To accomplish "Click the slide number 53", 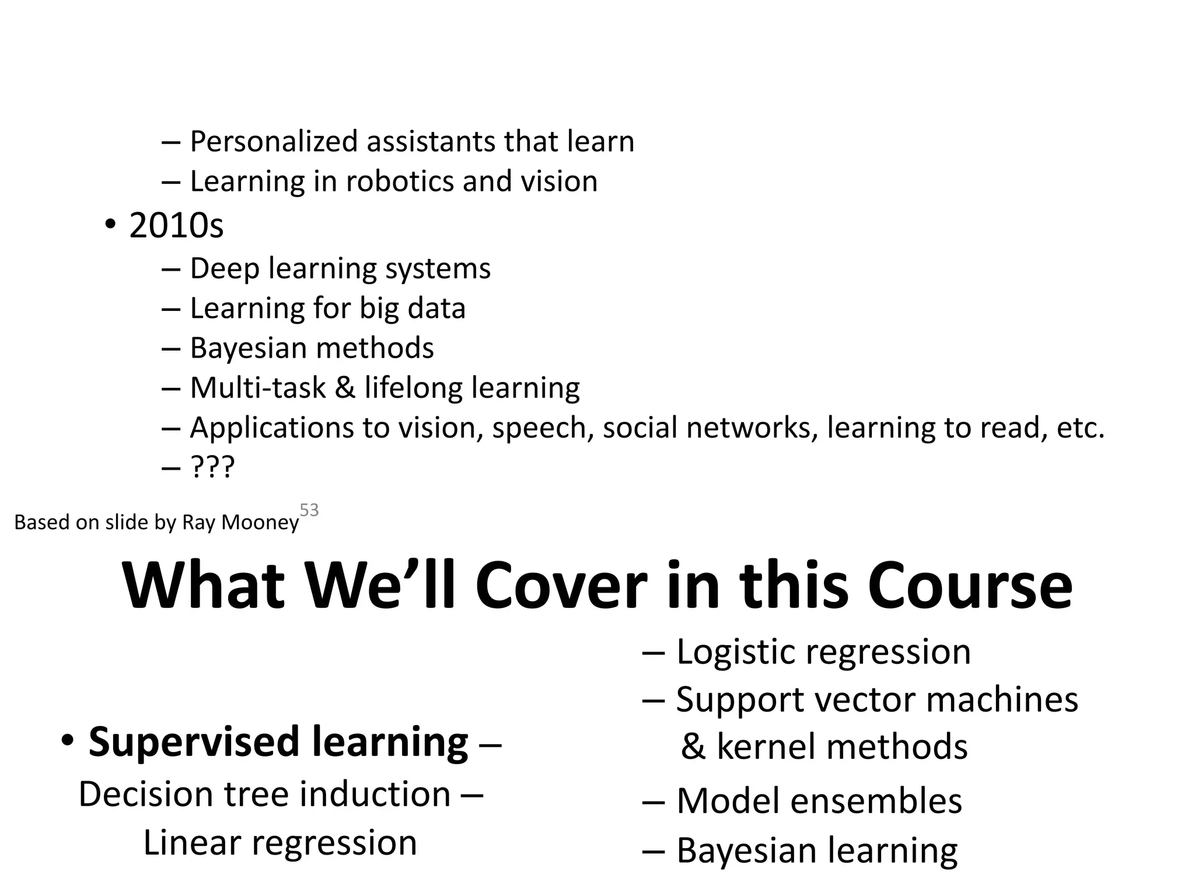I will (x=309, y=510).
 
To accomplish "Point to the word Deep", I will (x=224, y=269).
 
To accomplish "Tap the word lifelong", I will (x=414, y=387).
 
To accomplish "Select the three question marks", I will (x=212, y=467).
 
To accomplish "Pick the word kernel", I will (x=770, y=747).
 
